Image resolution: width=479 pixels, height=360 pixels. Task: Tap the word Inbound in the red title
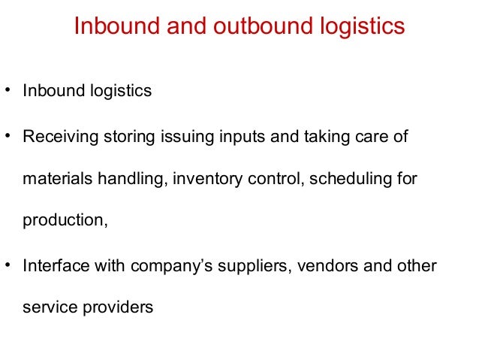110,27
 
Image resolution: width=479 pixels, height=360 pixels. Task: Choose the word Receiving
58,138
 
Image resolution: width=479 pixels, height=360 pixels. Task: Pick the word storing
128,138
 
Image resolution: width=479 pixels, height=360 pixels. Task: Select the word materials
55,180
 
